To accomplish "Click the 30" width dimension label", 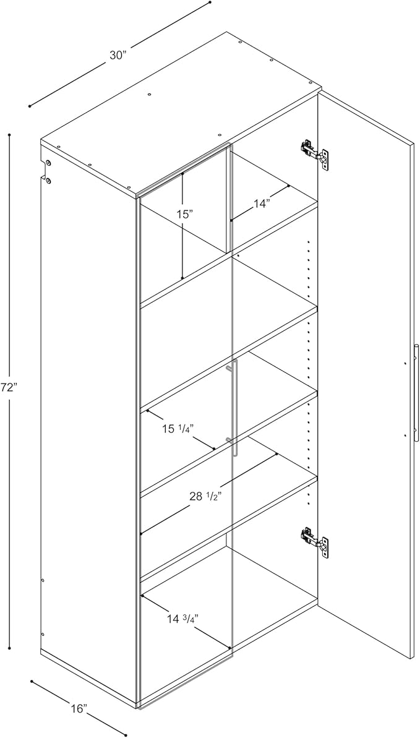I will coord(118,55).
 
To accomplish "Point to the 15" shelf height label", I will coord(184,215).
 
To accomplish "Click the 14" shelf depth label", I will coord(262,203).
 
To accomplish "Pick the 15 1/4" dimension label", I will coord(178,427).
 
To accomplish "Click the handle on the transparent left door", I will coord(234,408).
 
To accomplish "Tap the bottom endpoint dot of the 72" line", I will coord(10,648).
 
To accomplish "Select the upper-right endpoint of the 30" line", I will coord(210,2).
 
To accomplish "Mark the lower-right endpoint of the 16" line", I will coord(126,736).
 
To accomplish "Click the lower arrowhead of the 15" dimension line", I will coord(182,279).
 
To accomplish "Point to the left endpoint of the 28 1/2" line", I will coord(142,533).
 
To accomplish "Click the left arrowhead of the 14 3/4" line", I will coord(143,596).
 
